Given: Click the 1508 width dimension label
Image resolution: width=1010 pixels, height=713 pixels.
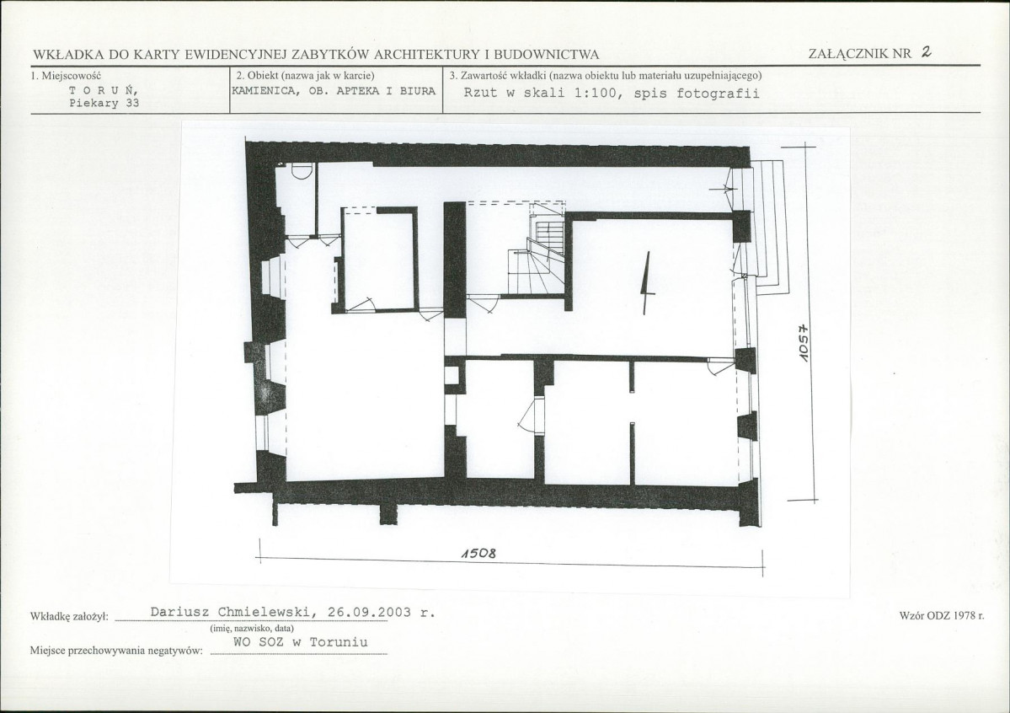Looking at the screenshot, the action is (478, 554).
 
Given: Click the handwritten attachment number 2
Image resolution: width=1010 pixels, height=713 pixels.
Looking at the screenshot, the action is (927, 52).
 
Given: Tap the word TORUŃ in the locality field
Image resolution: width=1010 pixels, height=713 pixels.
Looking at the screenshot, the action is (103, 91).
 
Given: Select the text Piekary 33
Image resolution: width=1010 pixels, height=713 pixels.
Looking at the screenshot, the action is (104, 103).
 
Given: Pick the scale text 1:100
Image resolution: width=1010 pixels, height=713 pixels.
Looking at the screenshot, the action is (595, 93).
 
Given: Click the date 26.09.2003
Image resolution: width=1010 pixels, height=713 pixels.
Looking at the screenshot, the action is (369, 612).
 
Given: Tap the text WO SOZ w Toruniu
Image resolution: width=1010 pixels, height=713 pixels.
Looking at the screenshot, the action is (300, 642).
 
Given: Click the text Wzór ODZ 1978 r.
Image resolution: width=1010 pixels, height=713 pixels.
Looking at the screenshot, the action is (941, 615).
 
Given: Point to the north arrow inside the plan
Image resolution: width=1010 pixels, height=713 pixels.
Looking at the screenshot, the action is (647, 283).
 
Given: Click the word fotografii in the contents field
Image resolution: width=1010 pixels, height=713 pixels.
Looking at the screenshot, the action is (719, 93).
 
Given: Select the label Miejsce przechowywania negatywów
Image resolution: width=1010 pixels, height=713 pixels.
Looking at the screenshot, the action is (116, 651).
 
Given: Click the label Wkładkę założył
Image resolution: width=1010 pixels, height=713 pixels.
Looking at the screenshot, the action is (70, 617).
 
